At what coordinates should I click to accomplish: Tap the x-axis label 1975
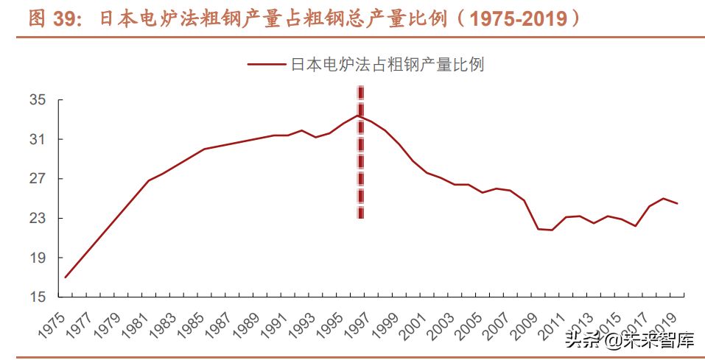[x=53, y=321]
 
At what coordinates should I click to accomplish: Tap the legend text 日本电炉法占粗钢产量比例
[x=387, y=65]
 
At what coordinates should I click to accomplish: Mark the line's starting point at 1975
[x=65, y=278]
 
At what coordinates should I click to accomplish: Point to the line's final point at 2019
[x=677, y=203]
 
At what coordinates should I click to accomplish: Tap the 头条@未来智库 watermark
[x=630, y=340]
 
